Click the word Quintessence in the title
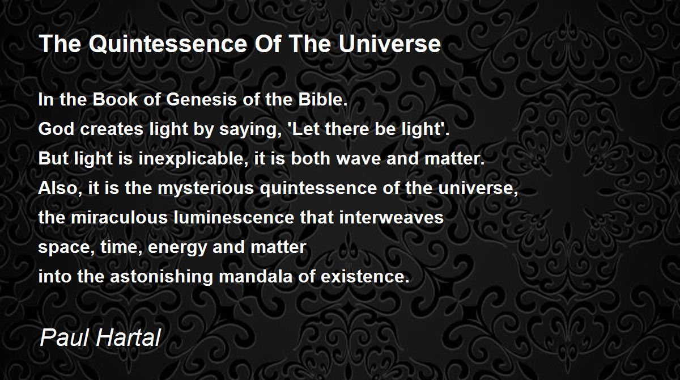(x=168, y=44)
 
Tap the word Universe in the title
(x=390, y=44)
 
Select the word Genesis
(x=201, y=99)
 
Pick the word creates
(x=112, y=129)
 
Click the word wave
(x=359, y=159)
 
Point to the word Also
(x=58, y=188)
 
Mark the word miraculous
(x=119, y=217)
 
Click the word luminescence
(x=234, y=217)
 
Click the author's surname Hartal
(x=128, y=337)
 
